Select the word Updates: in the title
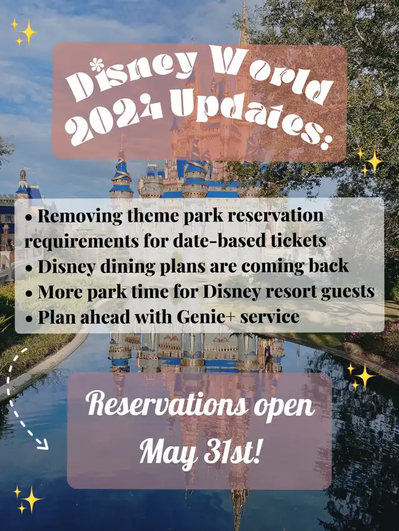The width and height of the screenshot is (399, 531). [249, 118]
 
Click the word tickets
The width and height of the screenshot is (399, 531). [299, 241]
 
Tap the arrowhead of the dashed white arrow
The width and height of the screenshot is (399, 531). [43, 446]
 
